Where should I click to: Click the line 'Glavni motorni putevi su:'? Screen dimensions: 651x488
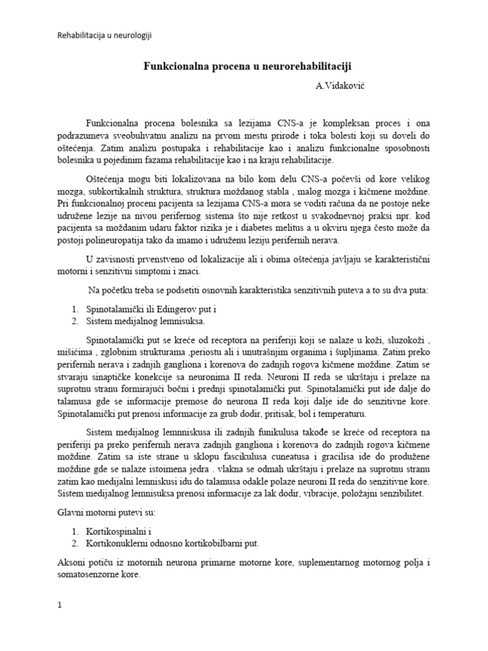pos(109,511)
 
